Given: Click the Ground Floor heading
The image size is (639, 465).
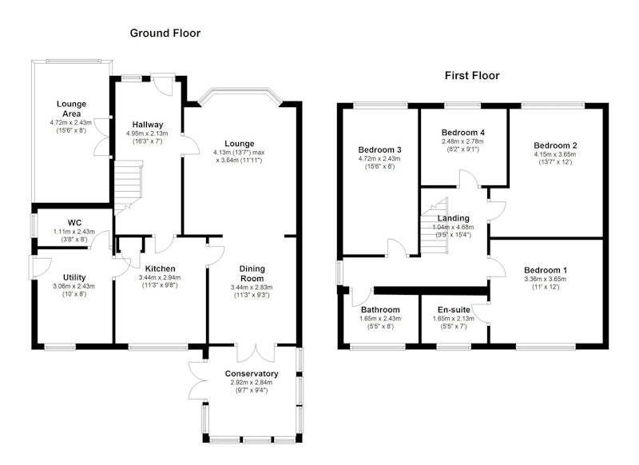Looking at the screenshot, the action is [165, 33].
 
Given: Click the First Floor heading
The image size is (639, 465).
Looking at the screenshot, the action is [472, 75].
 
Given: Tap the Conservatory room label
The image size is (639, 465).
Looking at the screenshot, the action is [252, 374].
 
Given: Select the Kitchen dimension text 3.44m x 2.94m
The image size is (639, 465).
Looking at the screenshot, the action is [160, 277].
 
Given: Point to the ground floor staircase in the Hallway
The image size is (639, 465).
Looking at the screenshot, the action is [128, 185].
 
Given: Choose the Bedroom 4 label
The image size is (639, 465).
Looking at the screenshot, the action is [463, 133].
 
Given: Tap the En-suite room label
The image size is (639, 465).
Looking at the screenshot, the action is [454, 310].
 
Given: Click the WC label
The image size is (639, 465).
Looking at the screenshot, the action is [74, 223].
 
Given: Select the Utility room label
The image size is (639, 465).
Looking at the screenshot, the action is [74, 277].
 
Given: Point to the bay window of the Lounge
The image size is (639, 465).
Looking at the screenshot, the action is [240, 96].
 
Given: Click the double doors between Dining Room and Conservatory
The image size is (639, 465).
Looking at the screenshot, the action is [256, 353].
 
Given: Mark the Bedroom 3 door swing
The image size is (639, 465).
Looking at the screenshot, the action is [397, 248].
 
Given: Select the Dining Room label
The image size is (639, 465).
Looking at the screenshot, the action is [252, 273].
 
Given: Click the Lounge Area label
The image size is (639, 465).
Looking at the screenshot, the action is [71, 109].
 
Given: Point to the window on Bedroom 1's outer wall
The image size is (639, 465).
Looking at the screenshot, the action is [546, 347].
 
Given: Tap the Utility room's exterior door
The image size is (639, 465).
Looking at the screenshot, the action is [39, 268].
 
